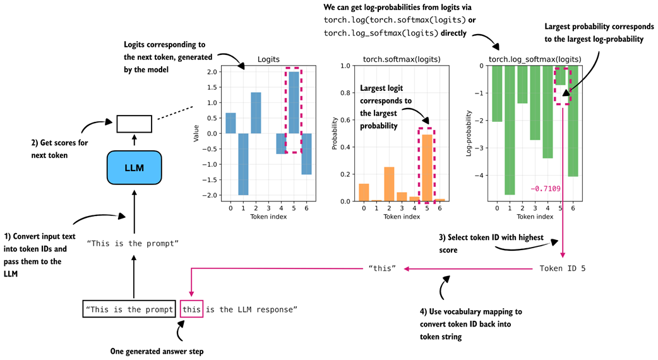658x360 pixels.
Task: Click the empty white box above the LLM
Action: [x=134, y=124]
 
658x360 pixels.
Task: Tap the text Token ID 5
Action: [x=562, y=268]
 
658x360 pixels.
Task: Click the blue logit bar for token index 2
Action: [x=256, y=112]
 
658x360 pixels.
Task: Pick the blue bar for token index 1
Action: [x=242, y=164]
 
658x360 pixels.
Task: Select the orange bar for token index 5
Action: [x=428, y=167]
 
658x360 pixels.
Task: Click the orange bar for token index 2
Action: [x=389, y=184]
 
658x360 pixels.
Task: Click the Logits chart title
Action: [x=269, y=59]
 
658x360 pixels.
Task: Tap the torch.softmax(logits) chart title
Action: [x=401, y=59]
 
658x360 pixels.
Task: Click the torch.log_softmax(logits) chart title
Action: [x=535, y=59]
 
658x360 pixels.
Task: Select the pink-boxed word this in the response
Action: [x=191, y=309]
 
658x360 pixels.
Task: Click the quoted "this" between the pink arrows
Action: [x=382, y=268]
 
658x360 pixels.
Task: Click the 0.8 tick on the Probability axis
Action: [x=346, y=93]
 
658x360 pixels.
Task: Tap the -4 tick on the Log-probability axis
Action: [x=482, y=176]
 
